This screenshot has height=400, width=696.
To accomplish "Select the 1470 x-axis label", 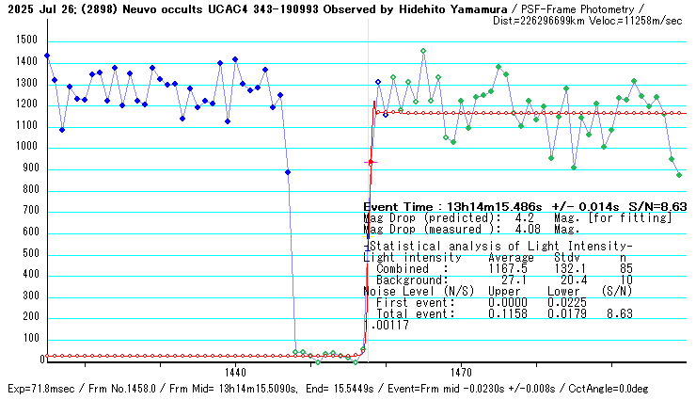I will pos(461,372).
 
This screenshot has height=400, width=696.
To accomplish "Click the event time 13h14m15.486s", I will pos(479,205).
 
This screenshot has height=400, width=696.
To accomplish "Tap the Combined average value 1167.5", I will pos(507,268).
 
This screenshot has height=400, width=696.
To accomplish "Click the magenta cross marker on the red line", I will pos(370,163).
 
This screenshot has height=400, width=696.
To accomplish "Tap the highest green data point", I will pos(423,51).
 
